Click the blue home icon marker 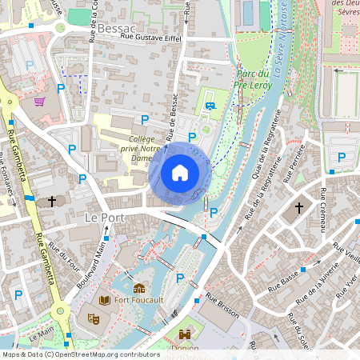point(180,172)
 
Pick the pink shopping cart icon point(40,102)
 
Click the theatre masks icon point(93,318)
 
